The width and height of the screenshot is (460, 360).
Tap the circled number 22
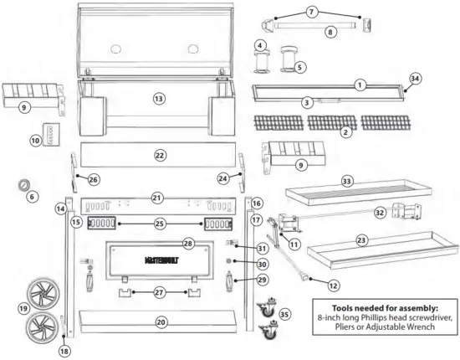pyautogui.click(x=161, y=155)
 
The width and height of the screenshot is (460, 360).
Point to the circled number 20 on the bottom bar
pyautogui.click(x=161, y=321)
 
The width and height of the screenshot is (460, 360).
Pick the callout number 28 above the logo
pyautogui.click(x=188, y=244)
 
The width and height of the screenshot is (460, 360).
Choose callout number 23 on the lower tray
pyautogui.click(x=362, y=240)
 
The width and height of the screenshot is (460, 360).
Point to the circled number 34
pyautogui.click(x=412, y=80)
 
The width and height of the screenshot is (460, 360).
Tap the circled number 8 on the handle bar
pyautogui.click(x=330, y=32)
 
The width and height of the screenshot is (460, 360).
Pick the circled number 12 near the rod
pyautogui.click(x=334, y=285)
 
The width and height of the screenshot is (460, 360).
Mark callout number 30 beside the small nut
pyautogui.click(x=241, y=263)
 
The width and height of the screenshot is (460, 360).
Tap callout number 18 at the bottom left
pyautogui.click(x=64, y=352)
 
